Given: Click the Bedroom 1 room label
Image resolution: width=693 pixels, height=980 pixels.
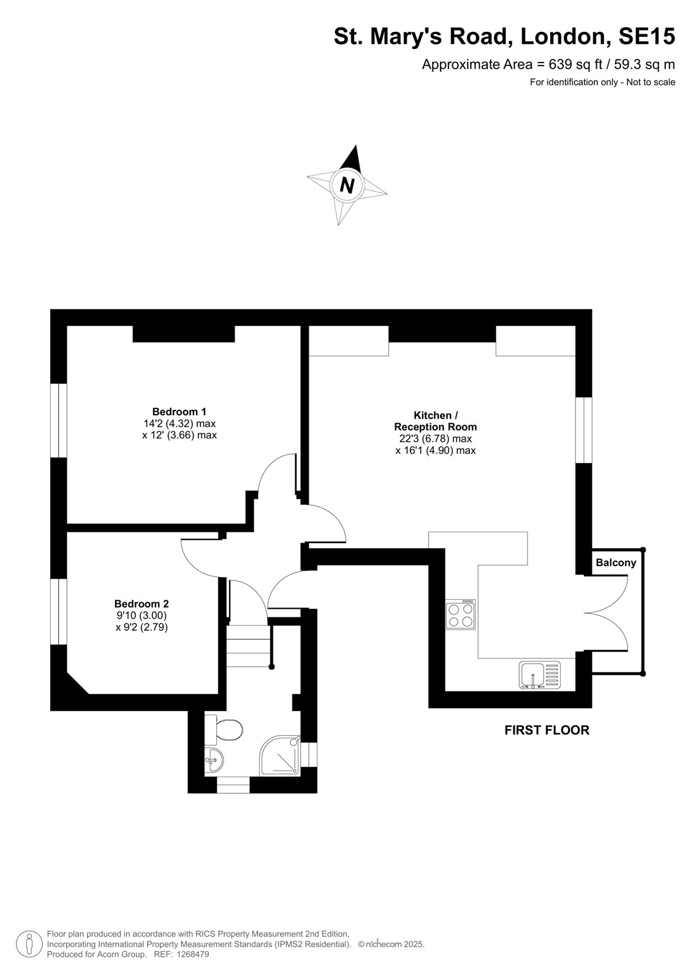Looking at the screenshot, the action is (x=179, y=412).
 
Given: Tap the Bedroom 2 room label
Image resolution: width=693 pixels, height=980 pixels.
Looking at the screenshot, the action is (x=142, y=604).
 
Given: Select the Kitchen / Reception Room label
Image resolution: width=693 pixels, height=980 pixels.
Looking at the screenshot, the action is (x=435, y=421).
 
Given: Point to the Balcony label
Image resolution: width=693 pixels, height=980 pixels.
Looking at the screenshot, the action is (x=616, y=563).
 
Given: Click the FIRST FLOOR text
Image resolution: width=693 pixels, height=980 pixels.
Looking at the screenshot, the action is (x=547, y=730).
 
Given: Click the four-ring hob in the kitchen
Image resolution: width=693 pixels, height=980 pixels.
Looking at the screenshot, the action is (x=460, y=615).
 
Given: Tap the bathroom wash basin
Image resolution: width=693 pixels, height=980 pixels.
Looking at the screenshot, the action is (x=214, y=761).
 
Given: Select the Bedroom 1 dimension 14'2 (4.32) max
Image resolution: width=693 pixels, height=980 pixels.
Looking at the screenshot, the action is (x=180, y=423).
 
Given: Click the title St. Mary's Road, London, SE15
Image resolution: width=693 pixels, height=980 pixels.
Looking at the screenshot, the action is (x=504, y=36).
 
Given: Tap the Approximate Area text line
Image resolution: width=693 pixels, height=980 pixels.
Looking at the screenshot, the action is (x=548, y=65).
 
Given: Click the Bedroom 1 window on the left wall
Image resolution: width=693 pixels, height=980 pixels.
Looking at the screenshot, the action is (x=59, y=421).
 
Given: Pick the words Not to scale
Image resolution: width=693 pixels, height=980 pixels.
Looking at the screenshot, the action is (x=651, y=82).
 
